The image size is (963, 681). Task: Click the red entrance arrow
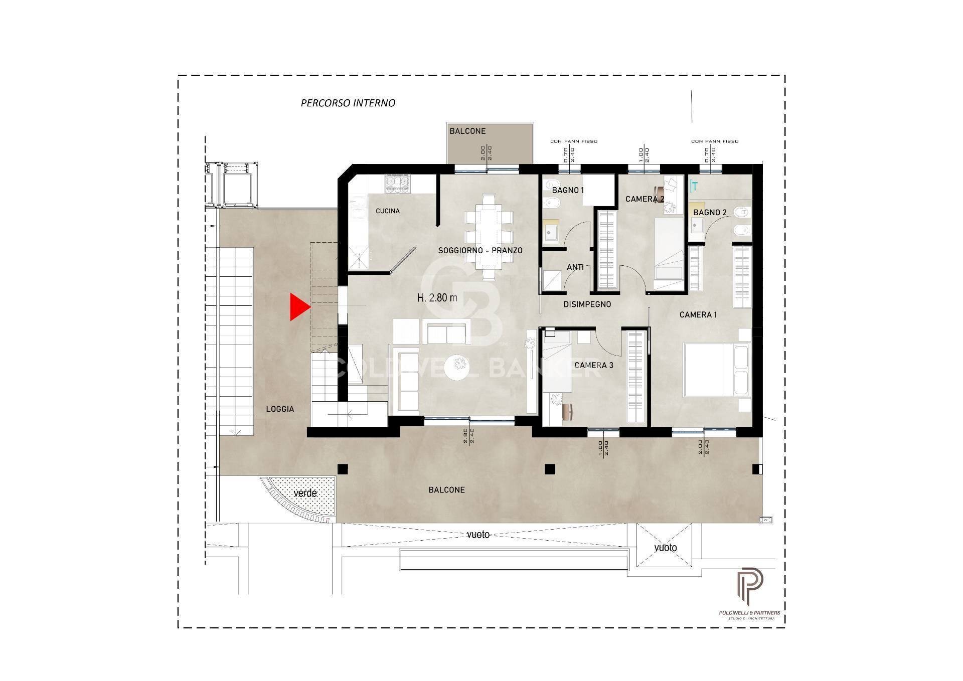pyautogui.click(x=299, y=307)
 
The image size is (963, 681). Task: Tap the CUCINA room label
pyautogui.click(x=388, y=211)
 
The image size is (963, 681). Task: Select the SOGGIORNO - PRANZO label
pyautogui.click(x=480, y=250)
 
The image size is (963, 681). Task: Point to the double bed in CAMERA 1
pyautogui.click(x=717, y=369)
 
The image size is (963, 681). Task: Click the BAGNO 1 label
pyautogui.click(x=568, y=191)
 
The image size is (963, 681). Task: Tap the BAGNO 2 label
pyautogui.click(x=710, y=213)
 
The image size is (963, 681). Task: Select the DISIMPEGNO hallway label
pyautogui.click(x=587, y=304)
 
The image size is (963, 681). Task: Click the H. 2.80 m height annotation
pyautogui.click(x=437, y=298)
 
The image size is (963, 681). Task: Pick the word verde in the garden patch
pyautogui.click(x=305, y=493)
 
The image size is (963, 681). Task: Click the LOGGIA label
pyautogui.click(x=280, y=409)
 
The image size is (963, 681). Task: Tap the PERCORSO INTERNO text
pyautogui.click(x=348, y=103)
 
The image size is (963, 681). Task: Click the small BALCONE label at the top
pyautogui.click(x=467, y=131)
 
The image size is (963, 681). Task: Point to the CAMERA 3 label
pyautogui.click(x=593, y=365)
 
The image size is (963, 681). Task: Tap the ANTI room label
pyautogui.click(x=575, y=267)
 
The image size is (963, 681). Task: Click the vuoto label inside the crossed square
pyautogui.click(x=665, y=548)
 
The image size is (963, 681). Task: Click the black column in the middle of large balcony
pyautogui.click(x=550, y=469)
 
